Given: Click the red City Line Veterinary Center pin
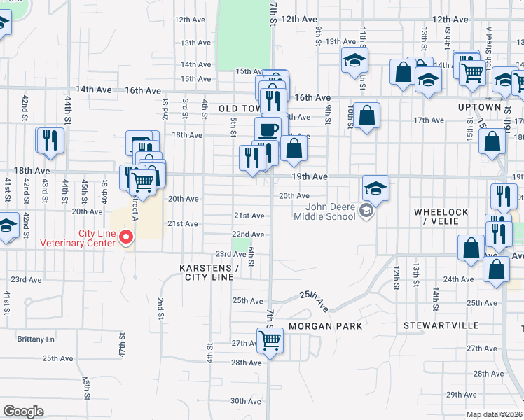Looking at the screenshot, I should pyautogui.click(x=126, y=237).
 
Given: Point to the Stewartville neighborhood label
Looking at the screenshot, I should pyautogui.click(x=441, y=326).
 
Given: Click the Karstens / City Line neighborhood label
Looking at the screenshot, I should pyautogui.click(x=209, y=272).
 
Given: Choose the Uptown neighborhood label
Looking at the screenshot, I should pyautogui.click(x=480, y=107).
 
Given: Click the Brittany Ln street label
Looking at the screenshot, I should pyautogui.click(x=36, y=339).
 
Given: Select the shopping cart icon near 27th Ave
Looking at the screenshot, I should pyautogui.click(x=270, y=341).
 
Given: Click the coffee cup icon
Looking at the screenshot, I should pyautogui.click(x=268, y=129).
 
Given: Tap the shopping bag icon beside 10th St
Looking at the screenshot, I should pyautogui.click(x=366, y=115).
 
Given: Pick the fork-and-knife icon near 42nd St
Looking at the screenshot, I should pyautogui.click(x=50, y=140).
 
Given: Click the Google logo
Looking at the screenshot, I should pyautogui.click(x=23, y=412).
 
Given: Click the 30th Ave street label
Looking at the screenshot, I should pyautogui.click(x=246, y=401).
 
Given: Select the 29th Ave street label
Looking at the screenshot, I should pyautogui.click(x=462, y=395).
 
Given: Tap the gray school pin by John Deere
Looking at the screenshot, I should pyautogui.click(x=365, y=211).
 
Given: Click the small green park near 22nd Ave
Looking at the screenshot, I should pyautogui.click(x=242, y=244).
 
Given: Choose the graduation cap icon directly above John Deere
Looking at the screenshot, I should pyautogui.click(x=375, y=188).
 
